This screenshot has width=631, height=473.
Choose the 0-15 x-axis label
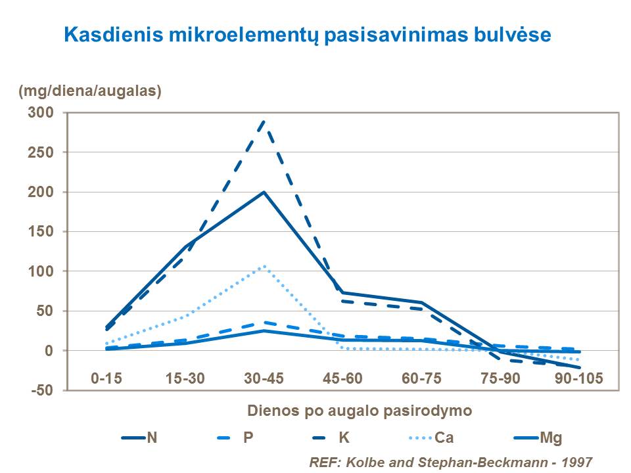106,378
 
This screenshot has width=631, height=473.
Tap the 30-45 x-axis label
264,378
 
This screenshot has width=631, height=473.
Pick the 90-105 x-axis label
579,378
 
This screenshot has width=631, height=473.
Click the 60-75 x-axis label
421,378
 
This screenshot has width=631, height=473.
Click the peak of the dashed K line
264,121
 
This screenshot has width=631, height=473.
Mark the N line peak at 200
264,192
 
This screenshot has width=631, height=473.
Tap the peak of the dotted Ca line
264,266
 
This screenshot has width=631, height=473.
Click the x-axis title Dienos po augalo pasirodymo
360,411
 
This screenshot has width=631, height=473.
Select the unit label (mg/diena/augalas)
90,91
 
